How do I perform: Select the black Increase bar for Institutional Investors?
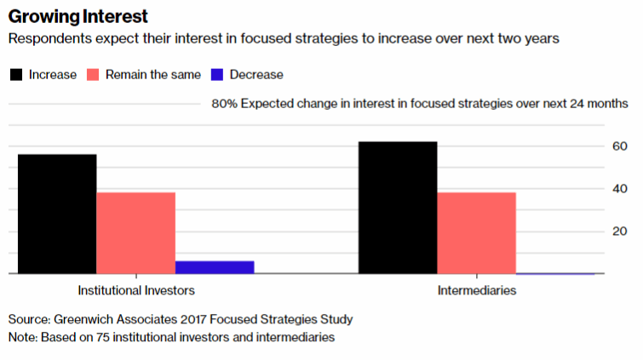pos(56,214)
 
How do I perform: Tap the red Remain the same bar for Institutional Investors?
pos(135,233)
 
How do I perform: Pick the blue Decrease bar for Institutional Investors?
pos(215,267)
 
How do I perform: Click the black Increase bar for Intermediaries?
pos(398,208)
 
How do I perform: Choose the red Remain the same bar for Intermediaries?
pos(476,233)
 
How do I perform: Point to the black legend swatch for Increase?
pos(16,75)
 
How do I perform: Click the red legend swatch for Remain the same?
pos(93,75)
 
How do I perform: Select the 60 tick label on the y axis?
pos(621,146)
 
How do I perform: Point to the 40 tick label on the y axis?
pos(621,188)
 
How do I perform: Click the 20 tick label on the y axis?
pos(621,231)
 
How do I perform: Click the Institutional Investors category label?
pos(136,291)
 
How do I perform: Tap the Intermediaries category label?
pos(477,291)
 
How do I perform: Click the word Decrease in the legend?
pos(256,75)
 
